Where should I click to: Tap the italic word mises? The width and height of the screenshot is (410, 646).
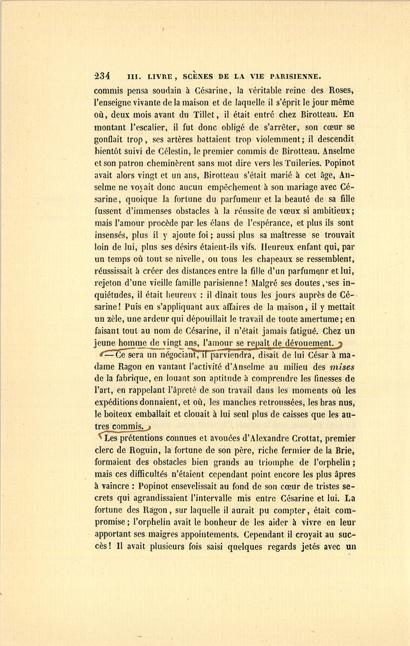point(342,367)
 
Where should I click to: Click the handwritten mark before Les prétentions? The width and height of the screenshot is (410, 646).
point(100,437)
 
